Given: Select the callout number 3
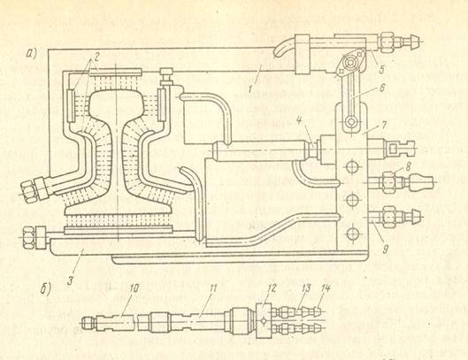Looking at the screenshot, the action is point(70,280).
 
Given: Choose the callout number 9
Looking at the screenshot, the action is point(385,249).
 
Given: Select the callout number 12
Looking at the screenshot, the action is point(272,287).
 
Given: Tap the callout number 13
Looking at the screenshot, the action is point(306,287).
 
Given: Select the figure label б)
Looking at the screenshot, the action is point(46,289).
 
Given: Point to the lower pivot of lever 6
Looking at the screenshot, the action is point(351,122).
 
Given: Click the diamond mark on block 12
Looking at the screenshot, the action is point(264,321).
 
